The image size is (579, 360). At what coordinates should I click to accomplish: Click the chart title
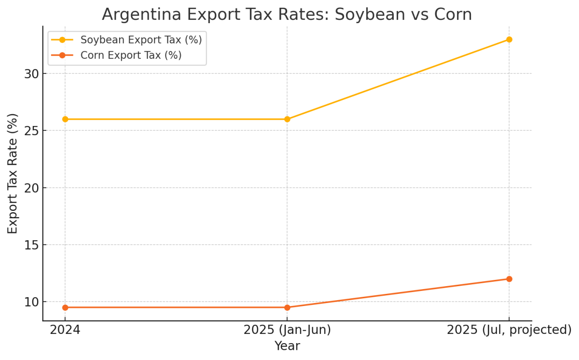click(x=287, y=14)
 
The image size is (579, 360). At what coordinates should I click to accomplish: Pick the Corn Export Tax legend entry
click(x=131, y=55)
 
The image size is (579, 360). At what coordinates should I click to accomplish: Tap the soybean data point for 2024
click(x=65, y=119)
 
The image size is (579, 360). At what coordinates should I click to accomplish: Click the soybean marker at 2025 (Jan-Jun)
click(x=287, y=119)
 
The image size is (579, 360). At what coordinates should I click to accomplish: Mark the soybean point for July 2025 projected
click(x=509, y=40)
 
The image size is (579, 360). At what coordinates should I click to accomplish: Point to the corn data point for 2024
click(x=65, y=307)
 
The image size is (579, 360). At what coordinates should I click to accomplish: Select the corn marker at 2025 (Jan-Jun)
click(x=287, y=307)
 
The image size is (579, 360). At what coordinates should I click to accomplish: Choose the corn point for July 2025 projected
click(x=509, y=279)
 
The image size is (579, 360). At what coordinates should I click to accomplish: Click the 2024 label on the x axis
click(x=65, y=330)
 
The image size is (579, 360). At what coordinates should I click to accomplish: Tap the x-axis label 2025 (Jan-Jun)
click(x=287, y=330)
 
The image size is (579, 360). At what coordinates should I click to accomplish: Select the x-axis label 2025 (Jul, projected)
click(x=509, y=330)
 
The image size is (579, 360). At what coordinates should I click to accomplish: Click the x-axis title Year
click(x=287, y=346)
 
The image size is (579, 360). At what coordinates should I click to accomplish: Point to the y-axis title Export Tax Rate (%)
click(x=13, y=174)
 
